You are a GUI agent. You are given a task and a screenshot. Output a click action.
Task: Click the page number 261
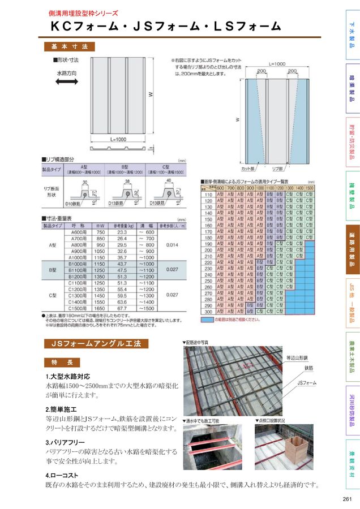(347, 498)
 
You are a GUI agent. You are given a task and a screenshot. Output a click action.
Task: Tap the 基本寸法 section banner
(69, 46)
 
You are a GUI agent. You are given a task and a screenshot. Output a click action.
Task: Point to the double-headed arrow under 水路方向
(66, 82)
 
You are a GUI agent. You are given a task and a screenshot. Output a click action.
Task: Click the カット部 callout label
(248, 169)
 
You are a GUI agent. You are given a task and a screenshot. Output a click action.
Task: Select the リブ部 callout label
(277, 169)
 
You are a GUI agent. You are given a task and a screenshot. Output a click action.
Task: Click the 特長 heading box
(62, 362)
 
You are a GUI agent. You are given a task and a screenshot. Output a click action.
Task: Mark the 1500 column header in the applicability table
(309, 187)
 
